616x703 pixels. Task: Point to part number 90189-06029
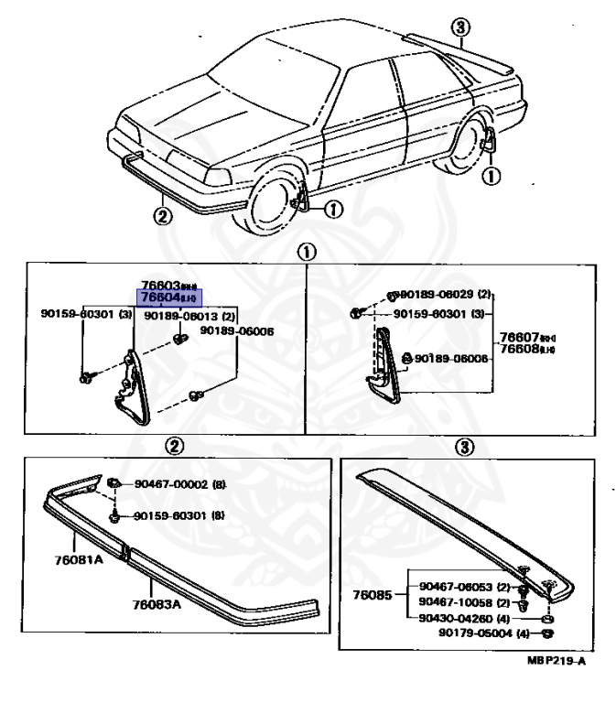(x=436, y=295)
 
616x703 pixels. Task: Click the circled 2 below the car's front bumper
(x=161, y=217)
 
